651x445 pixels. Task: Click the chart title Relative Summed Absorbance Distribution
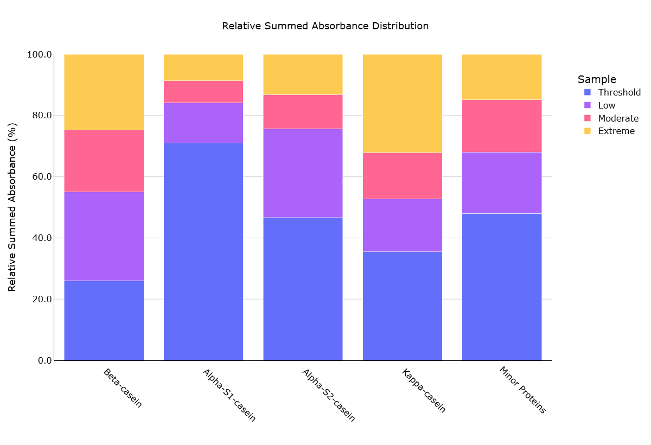tap(325, 26)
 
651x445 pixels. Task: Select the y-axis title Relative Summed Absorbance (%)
tap(12, 207)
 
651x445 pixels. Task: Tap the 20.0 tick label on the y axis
tap(39, 300)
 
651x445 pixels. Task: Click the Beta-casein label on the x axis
tap(123, 388)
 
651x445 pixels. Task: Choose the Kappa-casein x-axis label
tap(424, 391)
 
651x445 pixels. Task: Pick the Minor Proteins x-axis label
tap(522, 390)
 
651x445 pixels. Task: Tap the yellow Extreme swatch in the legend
tap(587, 131)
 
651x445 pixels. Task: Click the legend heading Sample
tap(597, 79)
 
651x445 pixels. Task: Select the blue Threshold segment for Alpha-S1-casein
tap(203, 251)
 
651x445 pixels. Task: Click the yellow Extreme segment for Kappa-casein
tap(403, 104)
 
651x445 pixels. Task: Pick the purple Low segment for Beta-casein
tap(104, 236)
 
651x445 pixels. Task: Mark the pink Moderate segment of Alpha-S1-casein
tap(203, 92)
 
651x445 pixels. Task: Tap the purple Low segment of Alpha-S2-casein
tap(303, 173)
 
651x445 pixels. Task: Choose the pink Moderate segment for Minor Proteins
tap(502, 126)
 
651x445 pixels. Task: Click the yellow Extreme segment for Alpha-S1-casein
tap(203, 67)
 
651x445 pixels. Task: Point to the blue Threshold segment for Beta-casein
tap(104, 320)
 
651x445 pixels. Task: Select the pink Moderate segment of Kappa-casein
tap(403, 176)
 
